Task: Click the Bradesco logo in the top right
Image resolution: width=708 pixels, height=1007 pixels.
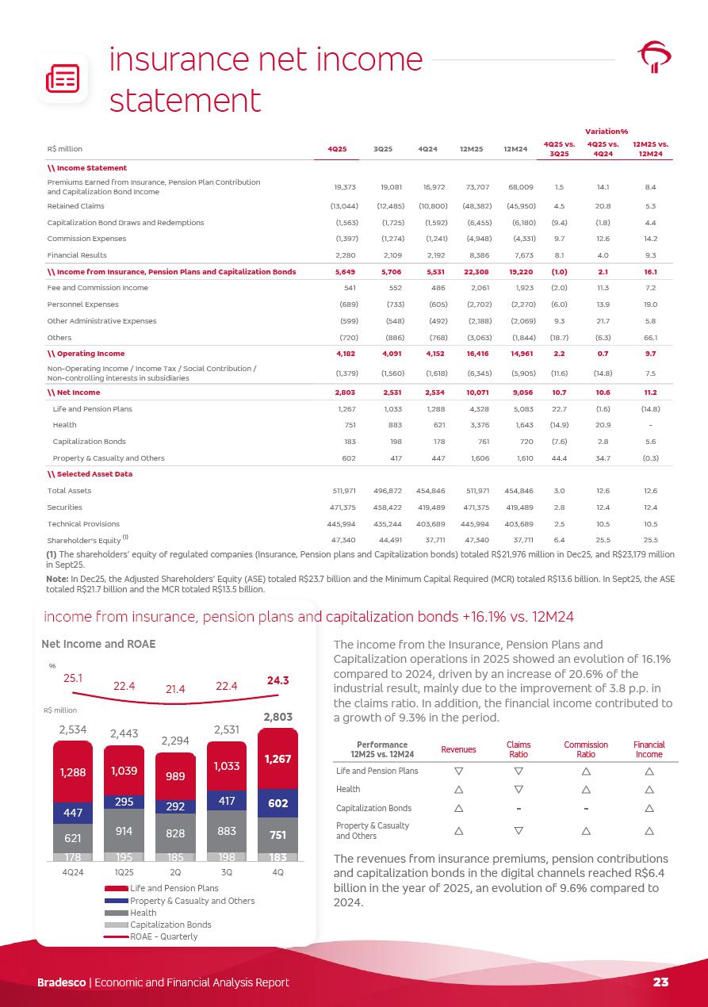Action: point(655,58)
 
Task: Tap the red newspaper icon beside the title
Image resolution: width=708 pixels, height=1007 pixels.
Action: point(62,78)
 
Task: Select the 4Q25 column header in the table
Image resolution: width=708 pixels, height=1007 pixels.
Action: point(336,148)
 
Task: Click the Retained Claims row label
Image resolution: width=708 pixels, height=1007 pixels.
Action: point(75,205)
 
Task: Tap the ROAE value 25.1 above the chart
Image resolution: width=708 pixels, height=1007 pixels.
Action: point(73,678)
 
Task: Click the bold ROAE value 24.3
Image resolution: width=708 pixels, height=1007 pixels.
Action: point(277,680)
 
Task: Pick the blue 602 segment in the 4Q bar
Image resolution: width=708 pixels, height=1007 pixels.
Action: point(277,802)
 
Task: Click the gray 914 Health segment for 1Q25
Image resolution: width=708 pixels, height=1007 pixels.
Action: point(124,830)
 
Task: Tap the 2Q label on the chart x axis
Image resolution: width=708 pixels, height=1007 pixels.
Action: point(175,871)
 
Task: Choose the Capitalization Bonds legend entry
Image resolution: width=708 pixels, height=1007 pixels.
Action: point(170,925)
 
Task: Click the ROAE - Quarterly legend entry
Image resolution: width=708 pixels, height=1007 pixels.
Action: point(163,936)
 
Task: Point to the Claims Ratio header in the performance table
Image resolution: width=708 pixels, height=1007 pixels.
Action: point(519,749)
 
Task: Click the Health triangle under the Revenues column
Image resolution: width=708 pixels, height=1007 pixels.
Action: point(458,789)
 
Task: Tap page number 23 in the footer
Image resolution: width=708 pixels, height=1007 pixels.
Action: point(660,982)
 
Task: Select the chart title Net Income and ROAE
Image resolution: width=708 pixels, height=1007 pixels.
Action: point(99,644)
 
